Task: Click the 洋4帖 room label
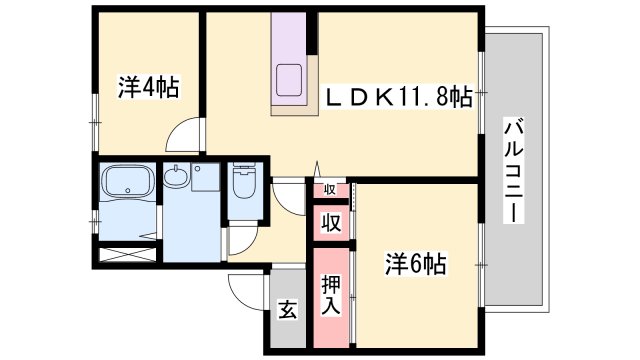click(x=149, y=87)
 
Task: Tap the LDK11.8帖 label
click(x=398, y=98)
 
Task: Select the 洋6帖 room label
click(x=416, y=264)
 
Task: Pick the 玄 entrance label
click(x=288, y=310)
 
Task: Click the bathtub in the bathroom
click(x=128, y=181)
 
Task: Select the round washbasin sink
click(x=176, y=177)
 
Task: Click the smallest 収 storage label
click(x=330, y=189)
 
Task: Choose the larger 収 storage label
click(x=331, y=223)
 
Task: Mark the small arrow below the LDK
click(x=318, y=169)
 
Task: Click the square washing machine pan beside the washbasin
click(x=205, y=177)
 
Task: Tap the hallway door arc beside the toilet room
click(x=289, y=197)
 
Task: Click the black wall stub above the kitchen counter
click(x=312, y=33)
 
